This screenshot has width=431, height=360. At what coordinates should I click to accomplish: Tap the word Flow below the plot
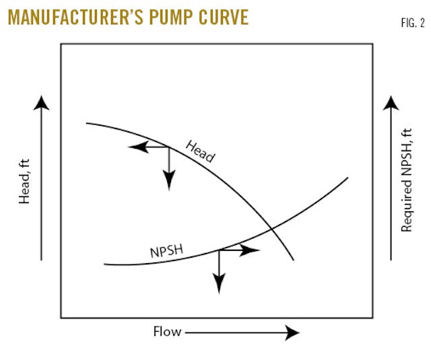point(166,332)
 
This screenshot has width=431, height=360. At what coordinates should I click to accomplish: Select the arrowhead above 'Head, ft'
point(41,102)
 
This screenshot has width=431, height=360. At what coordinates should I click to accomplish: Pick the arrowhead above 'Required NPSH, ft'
point(391,102)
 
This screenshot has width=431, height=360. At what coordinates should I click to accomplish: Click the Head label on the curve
point(200,151)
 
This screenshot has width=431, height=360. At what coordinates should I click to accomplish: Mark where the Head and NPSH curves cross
point(271,230)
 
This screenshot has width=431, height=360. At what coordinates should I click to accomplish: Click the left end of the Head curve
point(87,123)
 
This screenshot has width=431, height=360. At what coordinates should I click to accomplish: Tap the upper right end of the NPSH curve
point(347,178)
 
